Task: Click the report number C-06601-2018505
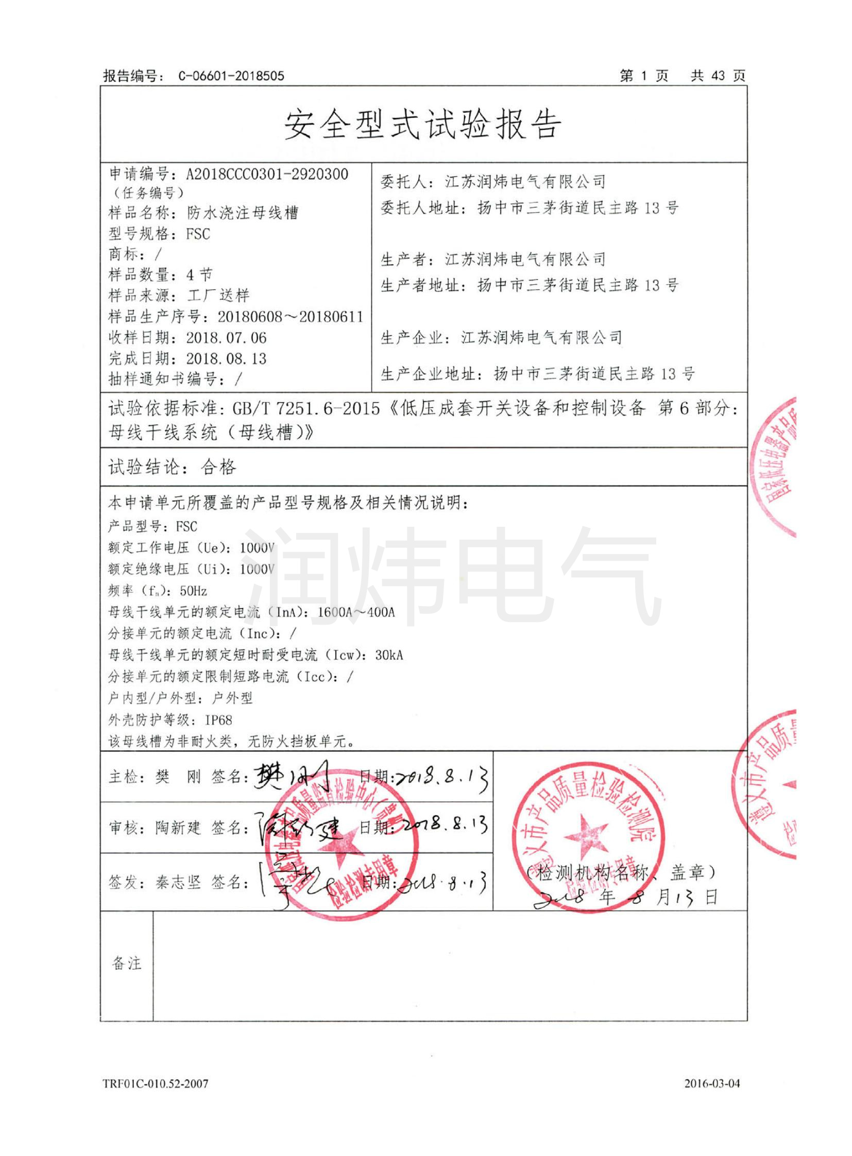tap(231, 76)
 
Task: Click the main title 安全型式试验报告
tap(423, 125)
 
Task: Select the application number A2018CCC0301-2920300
tap(267, 174)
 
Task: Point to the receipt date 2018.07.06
tap(227, 338)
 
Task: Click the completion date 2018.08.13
tap(227, 358)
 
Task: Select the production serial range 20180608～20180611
tap(291, 317)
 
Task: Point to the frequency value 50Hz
tap(193, 591)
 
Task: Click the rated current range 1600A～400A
tap(356, 613)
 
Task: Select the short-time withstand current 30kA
tap(389, 655)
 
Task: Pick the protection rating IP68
tap(219, 720)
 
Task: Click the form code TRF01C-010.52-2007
tap(156, 1083)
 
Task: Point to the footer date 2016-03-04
tap(712, 1083)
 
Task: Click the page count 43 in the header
tap(718, 76)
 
